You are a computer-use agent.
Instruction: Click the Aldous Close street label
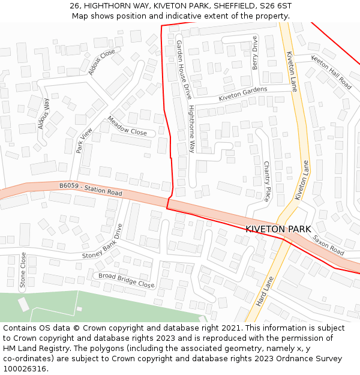(101, 62)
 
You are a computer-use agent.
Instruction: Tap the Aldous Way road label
(44, 113)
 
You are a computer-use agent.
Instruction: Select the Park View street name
(84, 140)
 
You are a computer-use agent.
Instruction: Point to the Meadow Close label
(127, 125)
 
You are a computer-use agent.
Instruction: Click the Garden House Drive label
(184, 70)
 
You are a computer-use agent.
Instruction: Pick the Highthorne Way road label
(191, 128)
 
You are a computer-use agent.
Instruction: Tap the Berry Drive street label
(255, 52)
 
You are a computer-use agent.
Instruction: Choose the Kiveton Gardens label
(242, 94)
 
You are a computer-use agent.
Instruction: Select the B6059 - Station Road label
(91, 190)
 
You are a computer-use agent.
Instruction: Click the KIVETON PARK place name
(278, 229)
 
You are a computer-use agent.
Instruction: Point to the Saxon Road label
(328, 244)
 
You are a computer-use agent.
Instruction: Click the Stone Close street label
(23, 270)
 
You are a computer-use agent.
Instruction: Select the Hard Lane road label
(265, 292)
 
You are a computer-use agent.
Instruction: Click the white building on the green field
(23, 304)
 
